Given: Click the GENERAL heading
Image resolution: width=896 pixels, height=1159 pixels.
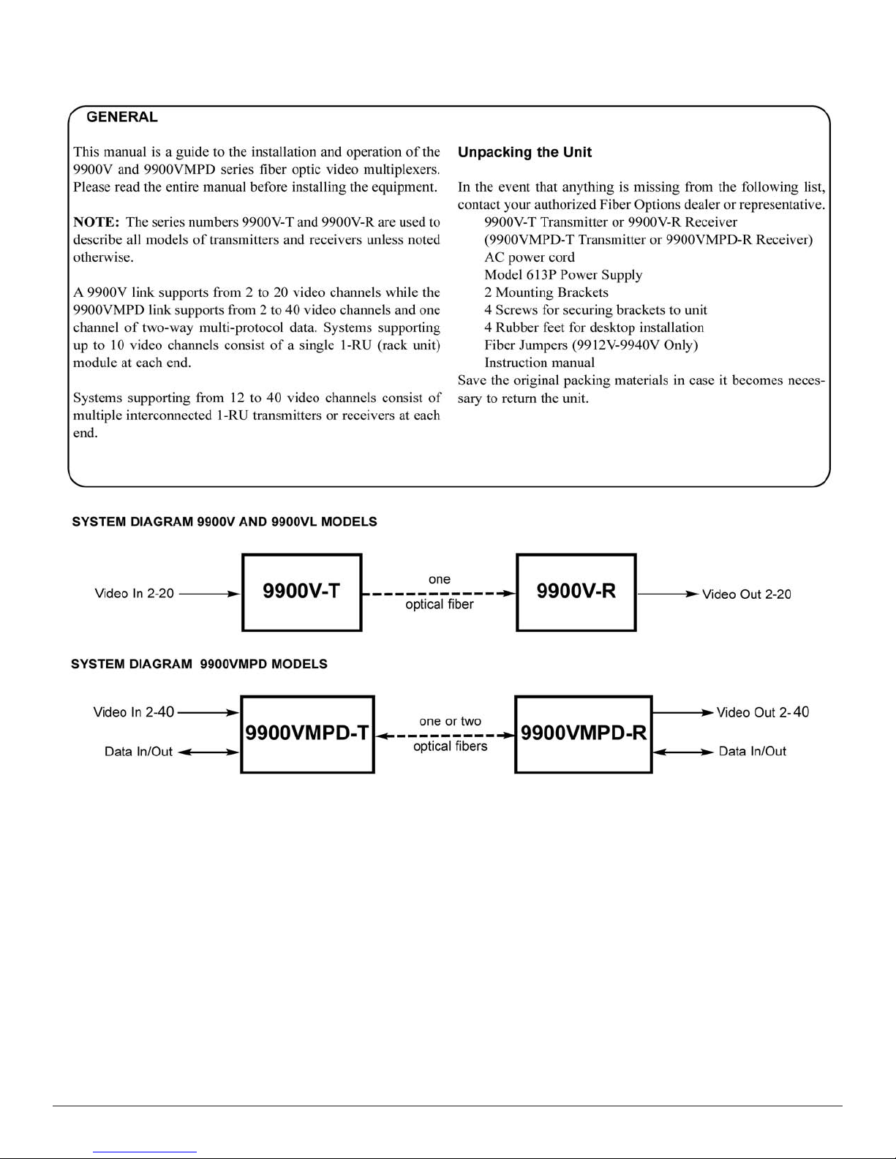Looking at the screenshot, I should tap(121, 117).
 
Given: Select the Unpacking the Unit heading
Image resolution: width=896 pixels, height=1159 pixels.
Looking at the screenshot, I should tap(524, 152).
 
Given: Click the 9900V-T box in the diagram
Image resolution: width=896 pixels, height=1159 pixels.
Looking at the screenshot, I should tap(301, 592).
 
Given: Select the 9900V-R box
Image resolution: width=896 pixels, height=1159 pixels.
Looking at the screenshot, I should tap(576, 592).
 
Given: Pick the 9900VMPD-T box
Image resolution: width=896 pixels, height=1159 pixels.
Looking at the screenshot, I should tap(307, 733).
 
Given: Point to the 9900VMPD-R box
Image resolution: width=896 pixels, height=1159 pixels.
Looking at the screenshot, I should tap(583, 733).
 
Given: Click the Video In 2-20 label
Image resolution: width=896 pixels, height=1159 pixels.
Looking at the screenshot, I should tap(135, 593).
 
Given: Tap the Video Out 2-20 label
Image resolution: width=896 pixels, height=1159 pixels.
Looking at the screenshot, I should tap(746, 594).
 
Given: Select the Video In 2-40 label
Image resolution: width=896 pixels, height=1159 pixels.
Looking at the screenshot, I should tap(134, 711).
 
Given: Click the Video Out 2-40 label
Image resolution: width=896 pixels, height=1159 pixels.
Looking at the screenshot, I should tap(762, 712).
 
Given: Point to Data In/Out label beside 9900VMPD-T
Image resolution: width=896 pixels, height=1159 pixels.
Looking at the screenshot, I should tap(138, 752).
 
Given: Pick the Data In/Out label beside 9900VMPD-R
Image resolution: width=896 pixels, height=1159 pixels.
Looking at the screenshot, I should tap(752, 751).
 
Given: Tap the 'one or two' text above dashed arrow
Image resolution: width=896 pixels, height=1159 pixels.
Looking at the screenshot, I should tap(450, 721).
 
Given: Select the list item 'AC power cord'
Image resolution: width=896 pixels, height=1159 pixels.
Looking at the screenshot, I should tap(530, 257).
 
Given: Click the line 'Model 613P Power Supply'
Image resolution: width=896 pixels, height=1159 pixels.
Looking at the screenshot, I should tap(563, 275).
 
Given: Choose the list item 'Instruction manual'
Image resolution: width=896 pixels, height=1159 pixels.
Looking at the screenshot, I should tap(539, 363).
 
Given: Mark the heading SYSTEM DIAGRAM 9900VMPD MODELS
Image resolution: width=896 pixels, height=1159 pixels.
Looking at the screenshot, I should tap(199, 664).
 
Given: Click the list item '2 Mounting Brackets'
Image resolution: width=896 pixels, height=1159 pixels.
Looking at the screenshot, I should tap(546, 292).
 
